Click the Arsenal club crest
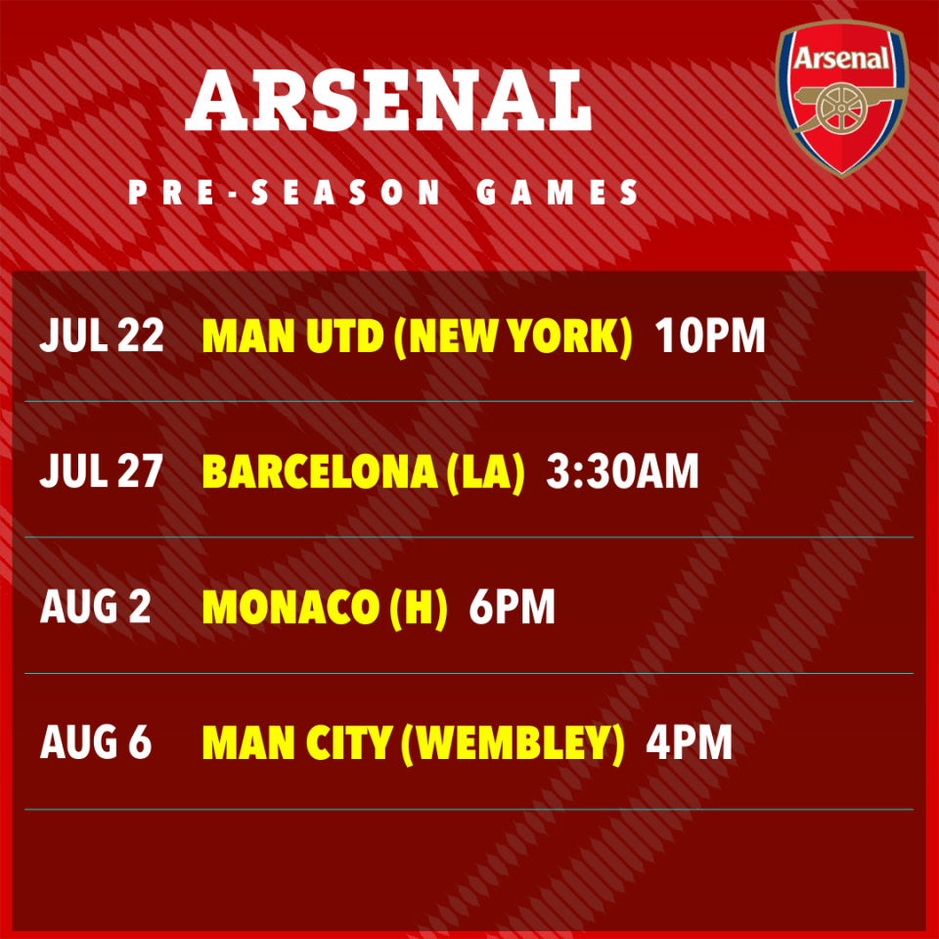pos(841,98)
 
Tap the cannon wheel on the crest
pos(841,109)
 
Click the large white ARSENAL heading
pos(388,101)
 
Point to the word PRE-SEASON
pos(285,193)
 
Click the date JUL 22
pos(101,335)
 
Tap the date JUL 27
pos(101,471)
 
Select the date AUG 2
pos(95,606)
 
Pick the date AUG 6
pos(96,742)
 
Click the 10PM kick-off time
pos(710,335)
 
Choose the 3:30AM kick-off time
pos(622,471)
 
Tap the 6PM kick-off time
pos(512,606)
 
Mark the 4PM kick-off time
pos(690,742)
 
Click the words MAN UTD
pos(292,335)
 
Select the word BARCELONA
pos(320,471)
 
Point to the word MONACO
pos(291,607)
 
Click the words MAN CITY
pos(297,743)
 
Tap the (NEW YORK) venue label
pos(513,336)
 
